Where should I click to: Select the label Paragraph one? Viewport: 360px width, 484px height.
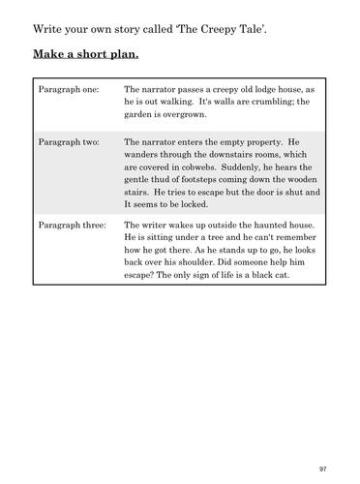65,87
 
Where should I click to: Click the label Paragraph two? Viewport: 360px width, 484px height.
65,142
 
